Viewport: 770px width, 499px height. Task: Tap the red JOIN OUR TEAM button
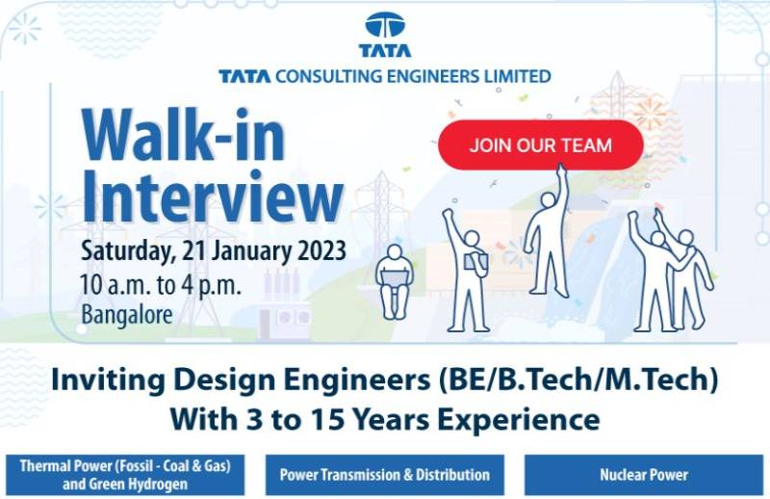540,145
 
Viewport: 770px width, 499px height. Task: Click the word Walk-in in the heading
183,136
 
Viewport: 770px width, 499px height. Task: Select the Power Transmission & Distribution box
384,474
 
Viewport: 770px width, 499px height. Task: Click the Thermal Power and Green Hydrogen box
125,474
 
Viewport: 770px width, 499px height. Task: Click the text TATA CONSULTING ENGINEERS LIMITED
385,75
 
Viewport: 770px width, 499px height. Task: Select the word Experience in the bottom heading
526,419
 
